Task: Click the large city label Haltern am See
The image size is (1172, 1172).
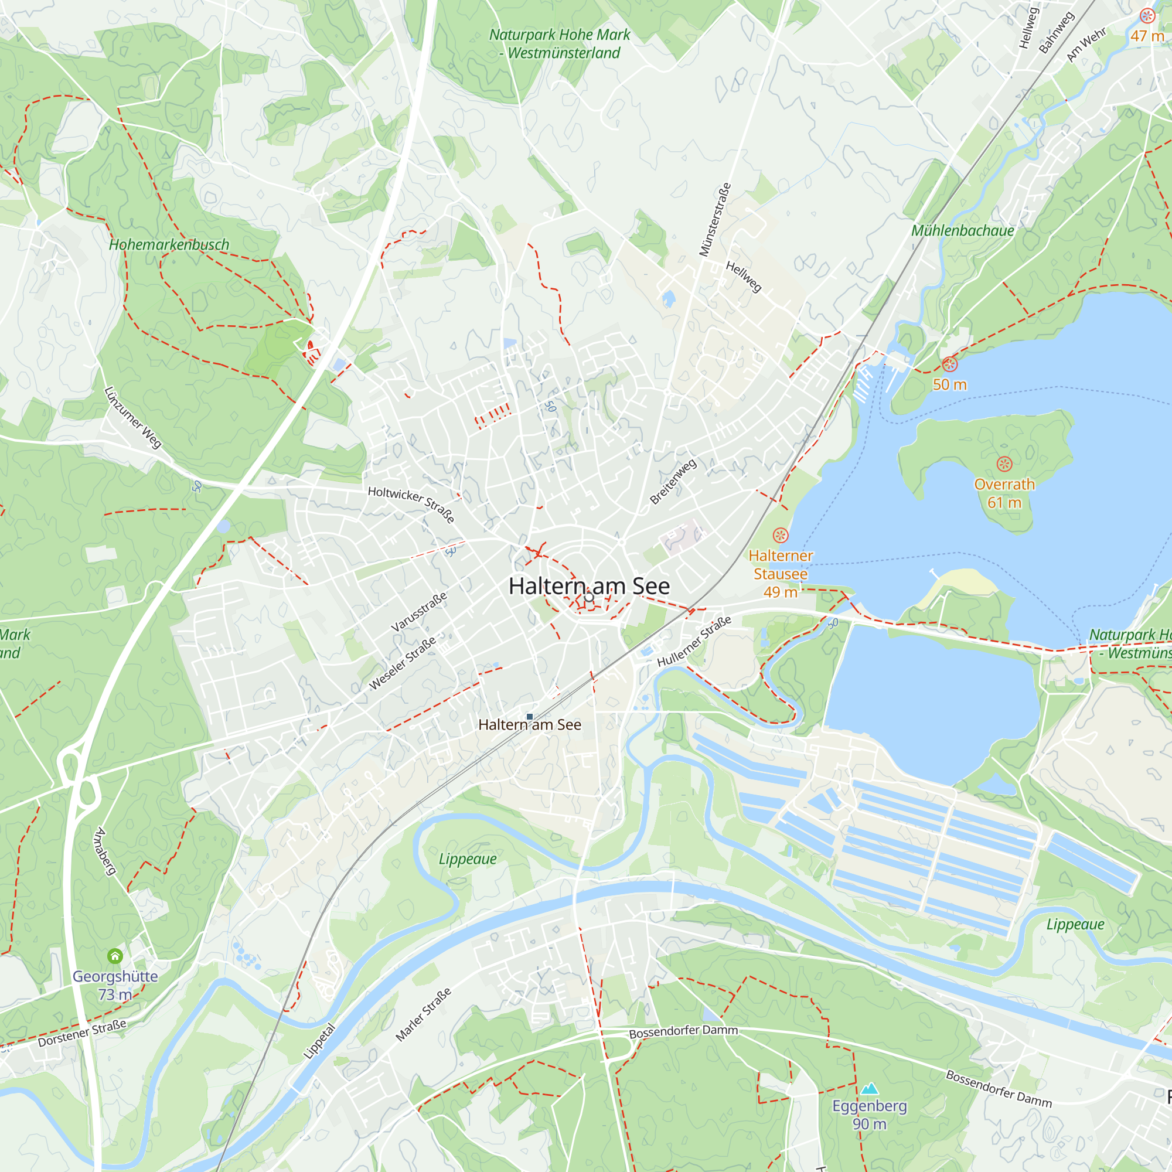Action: [589, 586]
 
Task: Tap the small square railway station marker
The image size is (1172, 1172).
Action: [530, 717]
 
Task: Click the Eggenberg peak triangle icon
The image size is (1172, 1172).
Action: [869, 1088]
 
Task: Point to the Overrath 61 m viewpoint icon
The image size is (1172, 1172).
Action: [1004, 465]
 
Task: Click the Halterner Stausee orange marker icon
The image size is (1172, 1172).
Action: [780, 535]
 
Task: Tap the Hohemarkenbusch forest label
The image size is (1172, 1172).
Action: [169, 244]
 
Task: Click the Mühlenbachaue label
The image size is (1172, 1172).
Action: [962, 230]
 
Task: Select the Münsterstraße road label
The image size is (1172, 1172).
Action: [714, 220]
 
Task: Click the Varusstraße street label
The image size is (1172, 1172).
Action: [419, 611]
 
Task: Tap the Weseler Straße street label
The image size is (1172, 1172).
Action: [403, 662]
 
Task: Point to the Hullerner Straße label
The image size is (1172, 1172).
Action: [694, 641]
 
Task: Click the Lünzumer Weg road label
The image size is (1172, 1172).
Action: [134, 417]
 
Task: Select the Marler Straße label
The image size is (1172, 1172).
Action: [424, 1014]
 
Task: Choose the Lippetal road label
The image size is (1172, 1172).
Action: [319, 1041]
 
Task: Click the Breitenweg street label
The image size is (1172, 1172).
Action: [673, 482]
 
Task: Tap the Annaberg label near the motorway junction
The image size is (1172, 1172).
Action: [105, 851]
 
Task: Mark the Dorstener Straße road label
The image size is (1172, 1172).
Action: [82, 1033]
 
